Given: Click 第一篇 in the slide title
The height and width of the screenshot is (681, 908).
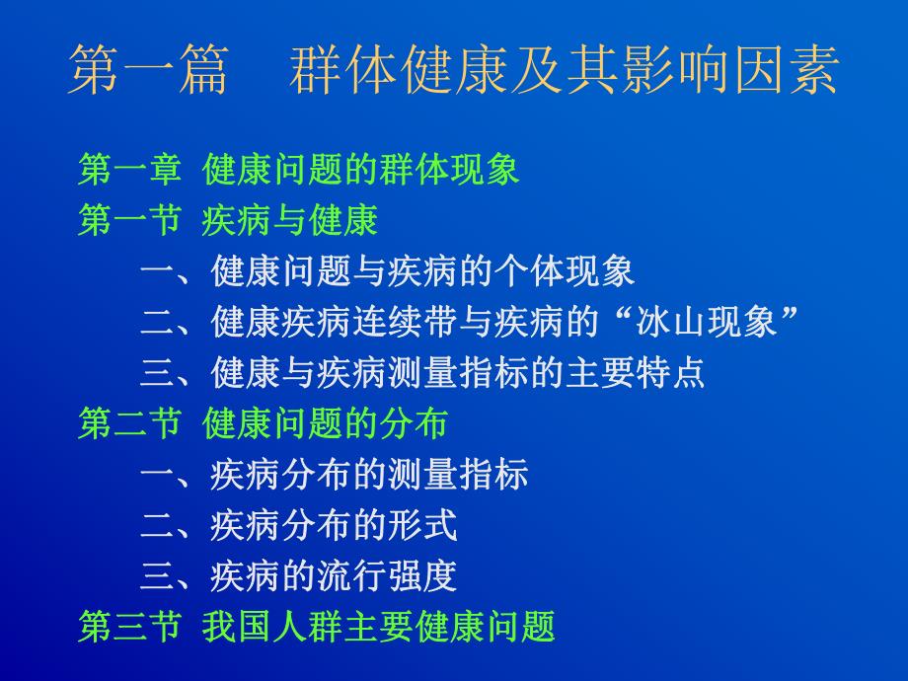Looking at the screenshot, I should pos(148,71).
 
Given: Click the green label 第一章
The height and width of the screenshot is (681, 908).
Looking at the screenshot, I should pos(129,170).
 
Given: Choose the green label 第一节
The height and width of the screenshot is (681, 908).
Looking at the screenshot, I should pos(129,221).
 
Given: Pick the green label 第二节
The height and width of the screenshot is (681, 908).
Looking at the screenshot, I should pos(129,423).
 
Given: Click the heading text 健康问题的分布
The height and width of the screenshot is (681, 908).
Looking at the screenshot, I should pos(326,423).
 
